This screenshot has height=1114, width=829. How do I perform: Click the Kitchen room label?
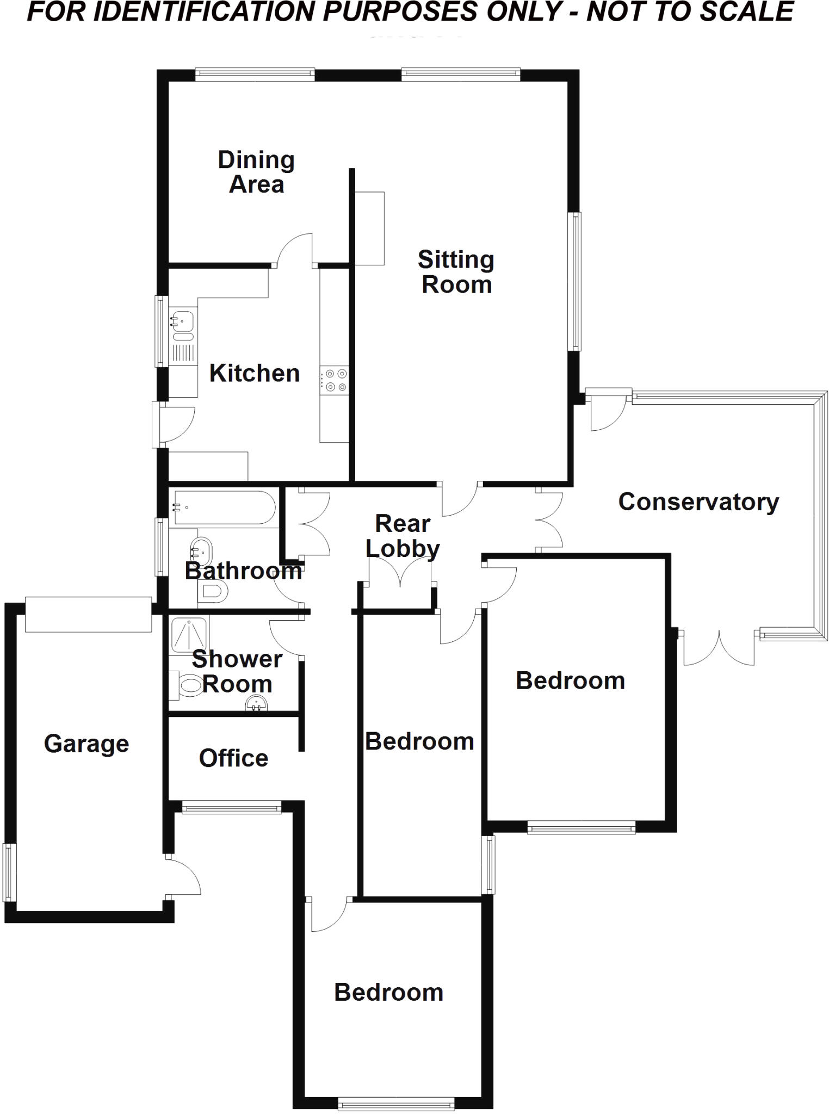tap(255, 374)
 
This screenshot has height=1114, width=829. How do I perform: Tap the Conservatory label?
tap(698, 502)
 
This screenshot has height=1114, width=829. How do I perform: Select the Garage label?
tap(86, 744)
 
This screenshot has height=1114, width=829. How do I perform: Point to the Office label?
tap(233, 758)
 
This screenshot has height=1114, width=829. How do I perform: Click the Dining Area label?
tap(256, 172)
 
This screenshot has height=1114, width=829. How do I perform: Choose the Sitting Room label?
tap(456, 272)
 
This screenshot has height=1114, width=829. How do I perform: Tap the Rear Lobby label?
tap(403, 536)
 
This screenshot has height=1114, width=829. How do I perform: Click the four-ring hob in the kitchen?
tap(335, 380)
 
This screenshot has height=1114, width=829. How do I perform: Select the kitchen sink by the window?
tap(182, 321)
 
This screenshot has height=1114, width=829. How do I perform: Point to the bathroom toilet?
tap(213, 591)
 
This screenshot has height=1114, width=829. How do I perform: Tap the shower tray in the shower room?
tap(189, 634)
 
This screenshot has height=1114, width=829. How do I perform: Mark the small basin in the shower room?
tap(256, 705)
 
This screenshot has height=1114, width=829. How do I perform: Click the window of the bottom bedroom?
tap(395, 1104)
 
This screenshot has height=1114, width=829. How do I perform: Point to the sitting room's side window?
tap(575, 281)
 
